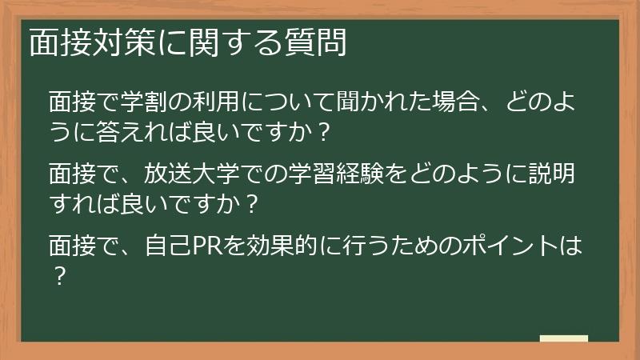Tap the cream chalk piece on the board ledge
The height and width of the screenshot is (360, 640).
(563, 338)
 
